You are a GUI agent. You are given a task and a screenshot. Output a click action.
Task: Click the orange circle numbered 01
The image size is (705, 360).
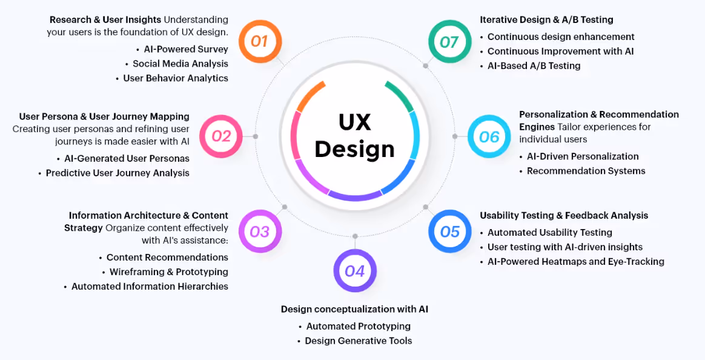pos(259,41)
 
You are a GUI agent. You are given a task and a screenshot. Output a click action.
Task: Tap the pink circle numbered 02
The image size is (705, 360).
pos(221,136)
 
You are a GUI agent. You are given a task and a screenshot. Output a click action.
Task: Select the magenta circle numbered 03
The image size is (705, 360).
pos(259,231)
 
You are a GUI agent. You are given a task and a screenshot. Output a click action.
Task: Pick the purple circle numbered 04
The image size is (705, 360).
pos(355,270)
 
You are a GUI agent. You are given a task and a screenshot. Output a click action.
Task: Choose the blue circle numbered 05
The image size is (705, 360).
pos(450,231)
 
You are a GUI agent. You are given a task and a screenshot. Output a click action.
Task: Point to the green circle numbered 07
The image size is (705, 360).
pos(449,41)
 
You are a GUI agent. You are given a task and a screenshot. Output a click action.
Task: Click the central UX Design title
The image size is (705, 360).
pos(354,136)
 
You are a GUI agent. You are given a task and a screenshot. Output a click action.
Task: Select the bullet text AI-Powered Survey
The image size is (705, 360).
pos(186,49)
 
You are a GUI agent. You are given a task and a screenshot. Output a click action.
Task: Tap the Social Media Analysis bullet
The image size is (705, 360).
pos(180,64)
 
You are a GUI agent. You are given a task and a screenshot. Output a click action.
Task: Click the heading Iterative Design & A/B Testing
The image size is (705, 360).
pos(546,20)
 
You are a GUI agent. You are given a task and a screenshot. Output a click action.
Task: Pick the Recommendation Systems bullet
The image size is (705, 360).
pos(586,171)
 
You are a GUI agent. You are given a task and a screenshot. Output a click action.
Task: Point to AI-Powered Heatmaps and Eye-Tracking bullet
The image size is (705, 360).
pos(575,262)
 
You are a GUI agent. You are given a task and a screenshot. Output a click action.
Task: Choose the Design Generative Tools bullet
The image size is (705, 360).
pos(358,341)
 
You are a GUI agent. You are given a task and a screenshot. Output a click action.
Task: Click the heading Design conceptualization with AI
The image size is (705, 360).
pos(354,309)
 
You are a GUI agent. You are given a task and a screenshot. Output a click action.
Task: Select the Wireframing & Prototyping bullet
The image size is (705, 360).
pos(168,272)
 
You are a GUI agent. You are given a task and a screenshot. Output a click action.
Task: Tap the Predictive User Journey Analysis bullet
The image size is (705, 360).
pos(117,173)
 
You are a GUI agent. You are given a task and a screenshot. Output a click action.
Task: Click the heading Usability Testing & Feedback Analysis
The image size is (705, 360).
pos(564,216)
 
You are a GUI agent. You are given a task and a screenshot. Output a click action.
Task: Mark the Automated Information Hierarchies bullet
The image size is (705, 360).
pos(150,287)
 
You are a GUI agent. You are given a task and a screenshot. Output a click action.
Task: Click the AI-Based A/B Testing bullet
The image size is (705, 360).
pos(534,66)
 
